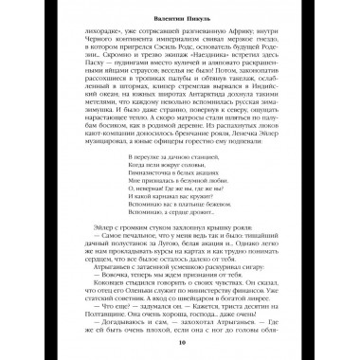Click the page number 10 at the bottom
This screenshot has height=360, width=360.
180,343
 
